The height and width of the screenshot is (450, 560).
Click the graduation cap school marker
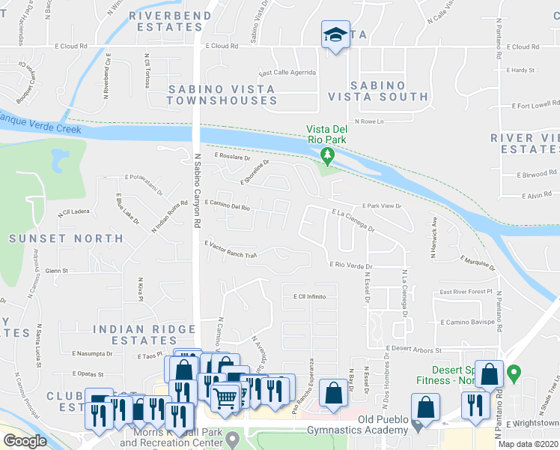tap(335, 34)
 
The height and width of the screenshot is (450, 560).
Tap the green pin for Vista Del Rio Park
tap(326, 155)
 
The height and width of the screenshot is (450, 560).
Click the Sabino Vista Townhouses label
tap(221, 94)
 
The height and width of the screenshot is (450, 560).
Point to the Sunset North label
tap(66, 238)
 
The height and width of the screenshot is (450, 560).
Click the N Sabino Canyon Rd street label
tap(198, 187)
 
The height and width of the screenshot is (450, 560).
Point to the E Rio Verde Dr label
tap(351, 265)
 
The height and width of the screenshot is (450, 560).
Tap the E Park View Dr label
tap(382, 205)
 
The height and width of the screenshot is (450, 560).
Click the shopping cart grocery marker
tap(225, 396)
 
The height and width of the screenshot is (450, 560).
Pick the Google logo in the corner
tap(25, 441)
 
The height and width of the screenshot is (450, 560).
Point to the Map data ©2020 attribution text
tap(528, 444)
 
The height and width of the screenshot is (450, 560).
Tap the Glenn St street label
tap(56, 271)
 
